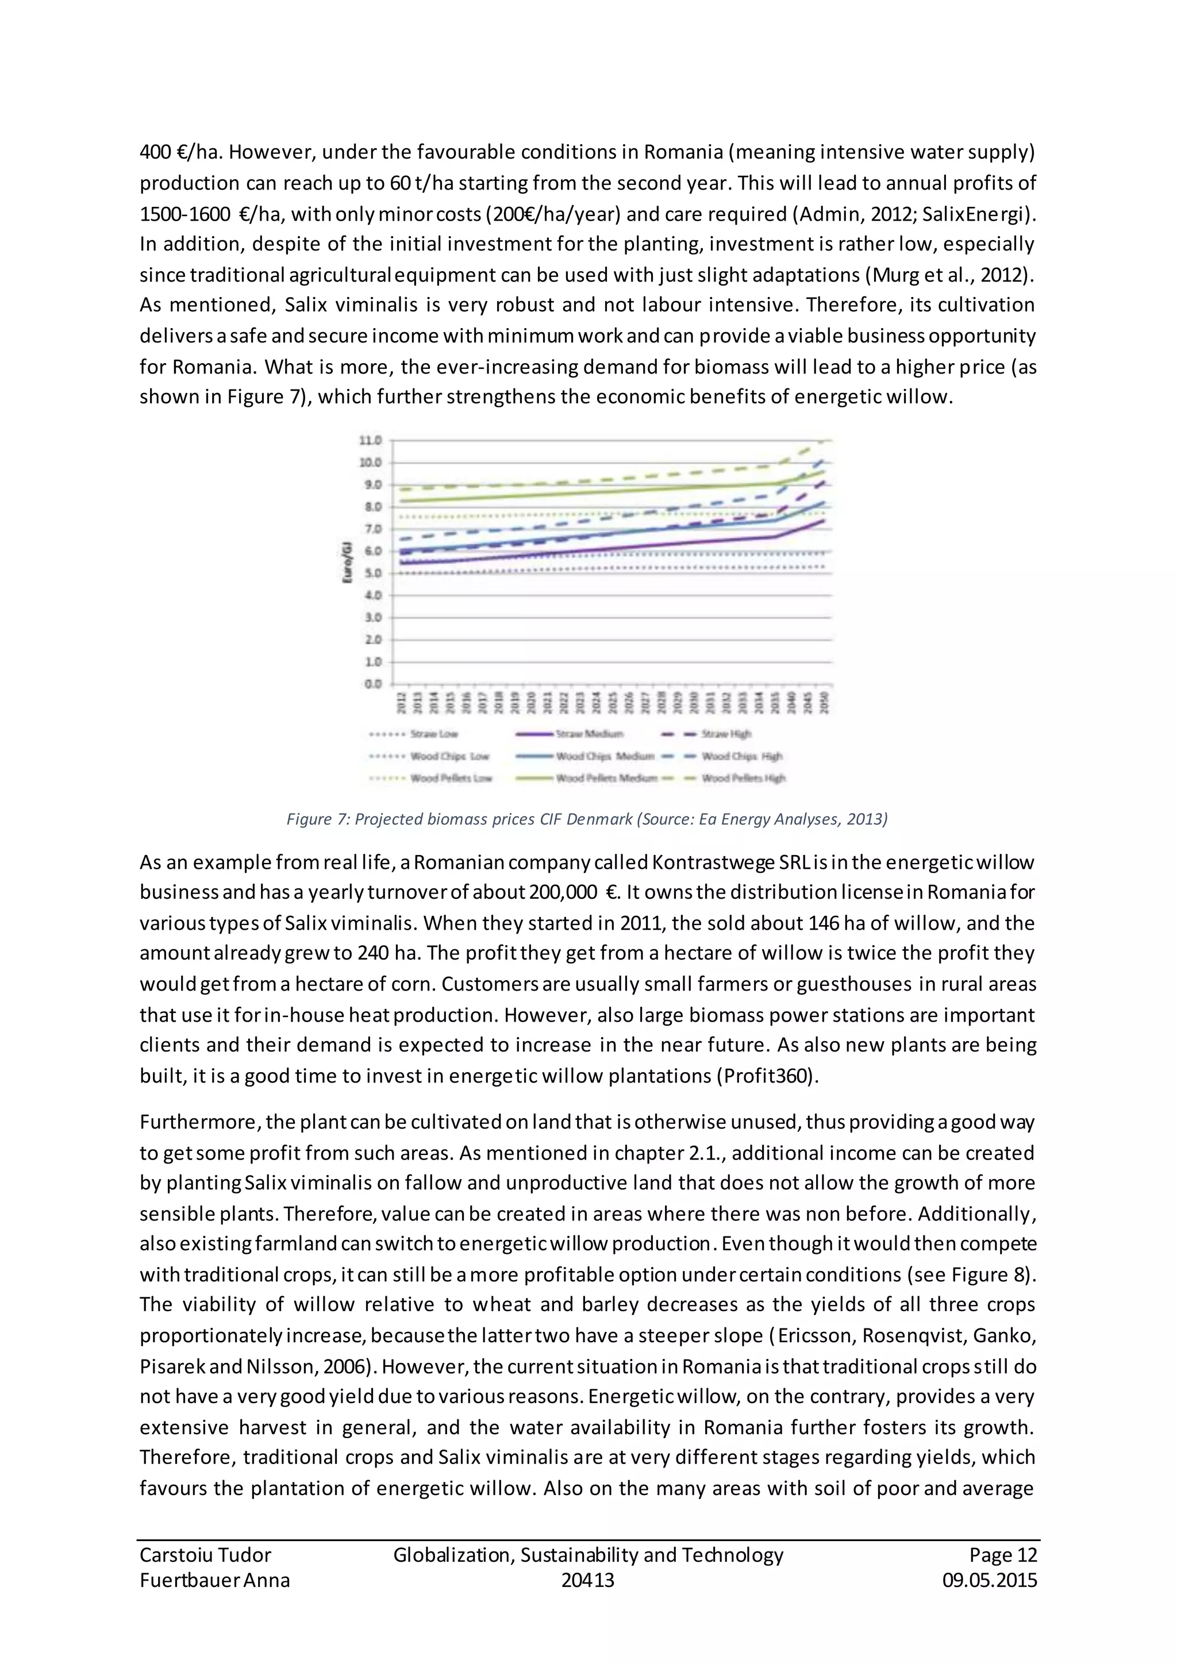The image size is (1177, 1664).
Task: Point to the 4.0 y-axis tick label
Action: [371, 595]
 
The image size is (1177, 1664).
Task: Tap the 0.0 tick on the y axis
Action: [371, 683]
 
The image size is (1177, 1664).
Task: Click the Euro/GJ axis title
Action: [348, 562]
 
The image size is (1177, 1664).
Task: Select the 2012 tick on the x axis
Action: [399, 702]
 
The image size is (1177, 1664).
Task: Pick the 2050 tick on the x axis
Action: [824, 702]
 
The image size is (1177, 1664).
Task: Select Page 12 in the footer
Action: [1003, 1555]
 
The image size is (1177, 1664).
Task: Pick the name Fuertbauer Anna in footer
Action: [214, 1580]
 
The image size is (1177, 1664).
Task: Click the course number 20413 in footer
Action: [588, 1580]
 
